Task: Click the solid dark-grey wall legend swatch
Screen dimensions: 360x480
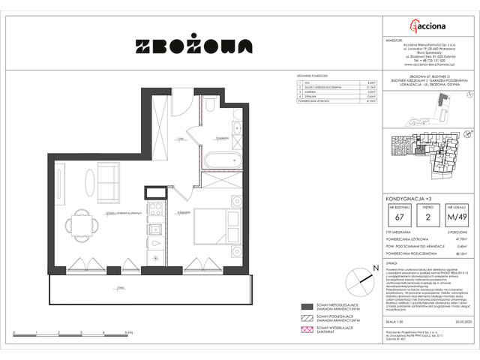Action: tap(307, 307)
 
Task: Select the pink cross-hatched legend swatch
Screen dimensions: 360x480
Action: tap(307, 332)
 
